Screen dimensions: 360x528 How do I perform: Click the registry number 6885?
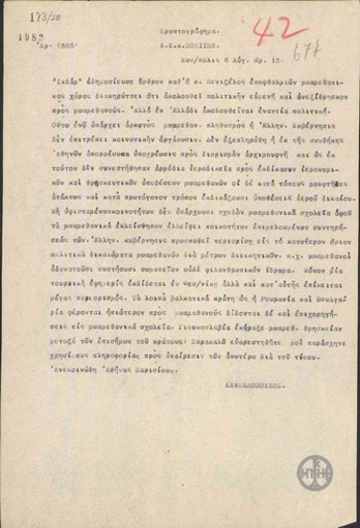coord(64,48)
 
